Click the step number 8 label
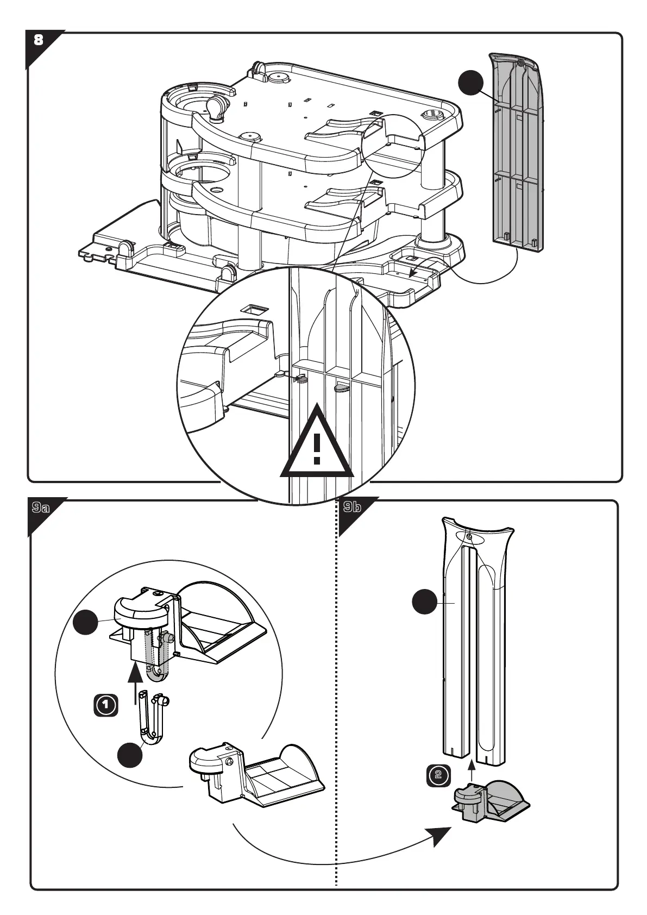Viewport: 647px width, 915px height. point(38,40)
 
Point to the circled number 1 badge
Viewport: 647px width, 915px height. point(106,705)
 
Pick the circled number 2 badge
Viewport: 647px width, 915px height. point(438,774)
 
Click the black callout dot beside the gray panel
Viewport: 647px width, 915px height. point(470,83)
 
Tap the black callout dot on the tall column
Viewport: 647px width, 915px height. point(424,602)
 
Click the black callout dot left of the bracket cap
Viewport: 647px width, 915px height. point(86,623)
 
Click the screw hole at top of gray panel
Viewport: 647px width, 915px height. point(520,63)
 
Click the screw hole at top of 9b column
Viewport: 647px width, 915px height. point(469,537)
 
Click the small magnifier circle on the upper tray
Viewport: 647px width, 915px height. point(393,146)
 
